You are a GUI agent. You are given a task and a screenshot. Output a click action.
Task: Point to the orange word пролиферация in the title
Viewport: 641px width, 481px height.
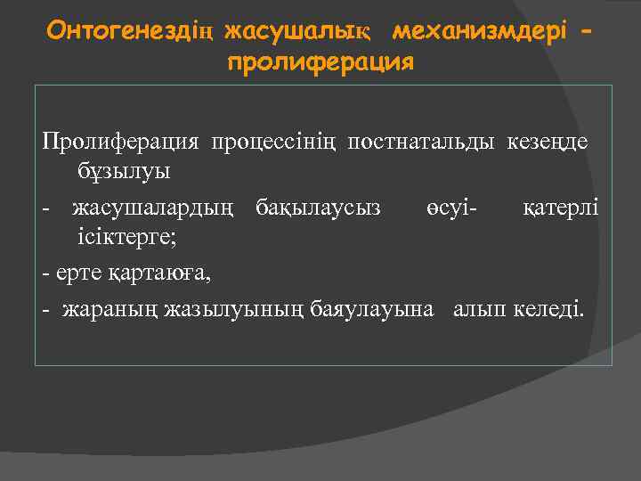click(x=320, y=63)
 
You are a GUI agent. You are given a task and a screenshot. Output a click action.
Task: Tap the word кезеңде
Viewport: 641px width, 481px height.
click(x=548, y=143)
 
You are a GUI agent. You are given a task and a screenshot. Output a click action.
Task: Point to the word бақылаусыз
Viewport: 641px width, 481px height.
click(x=318, y=208)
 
